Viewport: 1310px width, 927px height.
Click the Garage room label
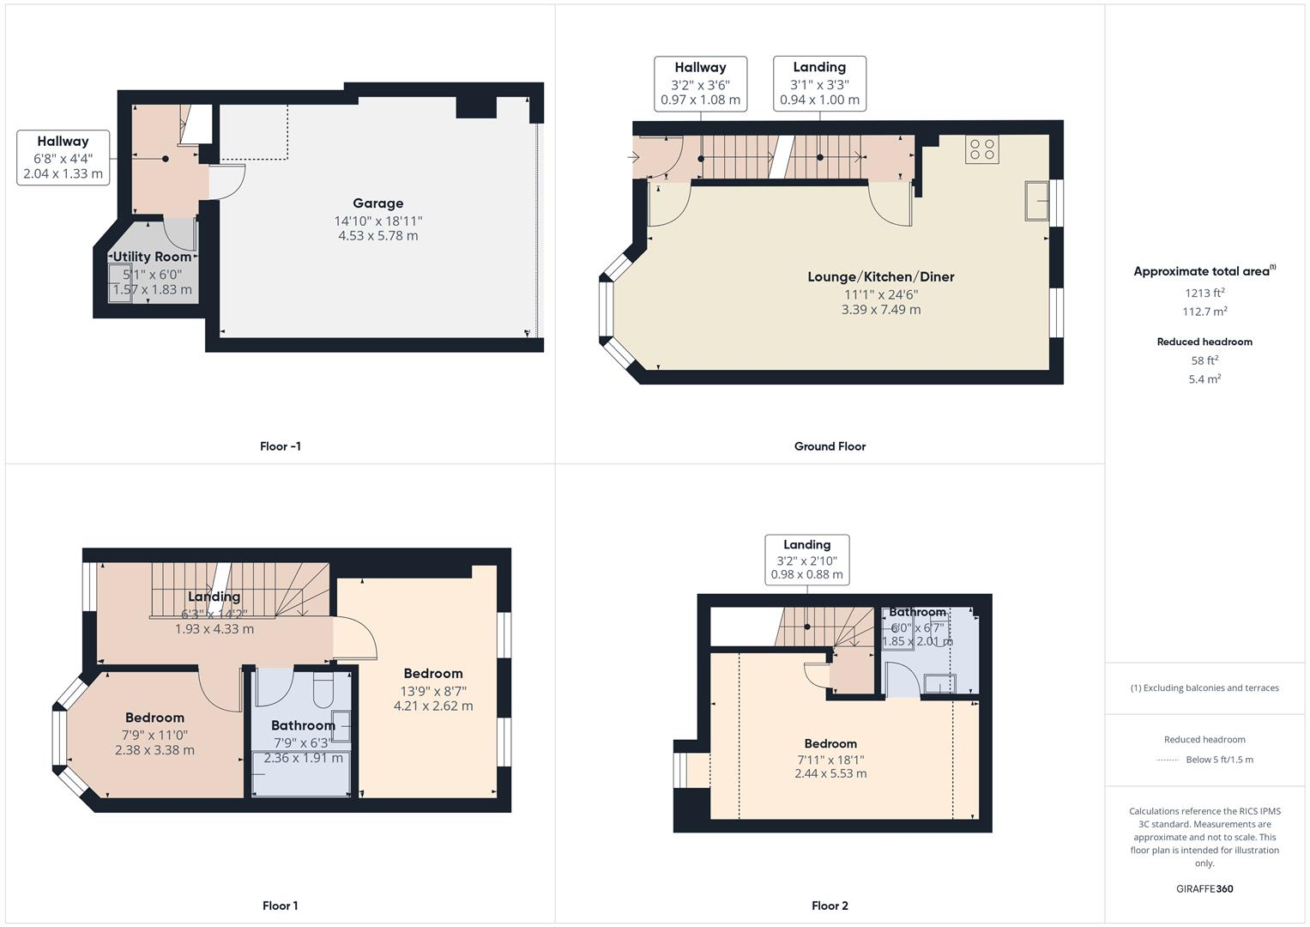point(377,203)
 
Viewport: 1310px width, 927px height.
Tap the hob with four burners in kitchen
point(981,150)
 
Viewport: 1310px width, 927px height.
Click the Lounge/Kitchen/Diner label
point(880,276)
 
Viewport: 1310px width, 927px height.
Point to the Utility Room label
point(153,257)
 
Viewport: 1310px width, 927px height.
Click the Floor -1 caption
point(280,446)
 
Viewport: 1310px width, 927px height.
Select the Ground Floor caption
point(830,446)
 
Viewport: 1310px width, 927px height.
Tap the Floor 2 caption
point(830,906)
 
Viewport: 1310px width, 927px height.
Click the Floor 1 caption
point(280,906)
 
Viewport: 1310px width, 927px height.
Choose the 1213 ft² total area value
point(1204,293)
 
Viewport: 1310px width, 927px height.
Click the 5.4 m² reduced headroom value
point(1204,379)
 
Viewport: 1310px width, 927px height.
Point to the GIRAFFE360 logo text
point(1204,888)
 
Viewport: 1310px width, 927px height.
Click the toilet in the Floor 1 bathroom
point(323,692)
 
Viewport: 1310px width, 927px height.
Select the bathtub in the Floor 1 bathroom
point(300,773)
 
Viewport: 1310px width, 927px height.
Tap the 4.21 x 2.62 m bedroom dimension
point(433,706)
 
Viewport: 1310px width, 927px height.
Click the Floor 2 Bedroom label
point(830,743)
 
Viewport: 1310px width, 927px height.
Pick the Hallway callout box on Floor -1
point(63,157)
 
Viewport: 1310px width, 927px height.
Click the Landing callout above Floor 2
point(806,560)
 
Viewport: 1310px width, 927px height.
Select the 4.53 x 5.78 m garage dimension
point(377,236)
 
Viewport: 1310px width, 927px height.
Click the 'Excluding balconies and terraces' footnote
point(1204,688)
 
